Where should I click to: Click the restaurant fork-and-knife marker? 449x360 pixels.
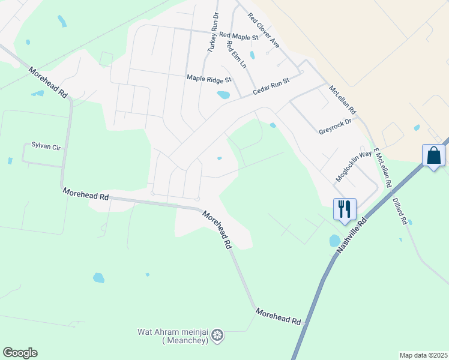pyautogui.click(x=345, y=209)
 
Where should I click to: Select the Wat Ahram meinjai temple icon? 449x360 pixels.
pyautogui.click(x=217, y=334)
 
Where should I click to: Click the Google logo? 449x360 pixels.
pyautogui.click(x=20, y=353)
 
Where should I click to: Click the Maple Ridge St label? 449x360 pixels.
pyautogui.click(x=209, y=79)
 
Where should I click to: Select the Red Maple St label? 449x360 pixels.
pyautogui.click(x=238, y=37)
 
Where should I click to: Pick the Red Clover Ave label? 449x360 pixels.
pyautogui.click(x=264, y=31)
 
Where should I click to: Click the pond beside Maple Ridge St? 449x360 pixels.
pyautogui.click(x=223, y=95)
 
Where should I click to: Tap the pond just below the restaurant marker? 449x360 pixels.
pyautogui.click(x=335, y=241)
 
